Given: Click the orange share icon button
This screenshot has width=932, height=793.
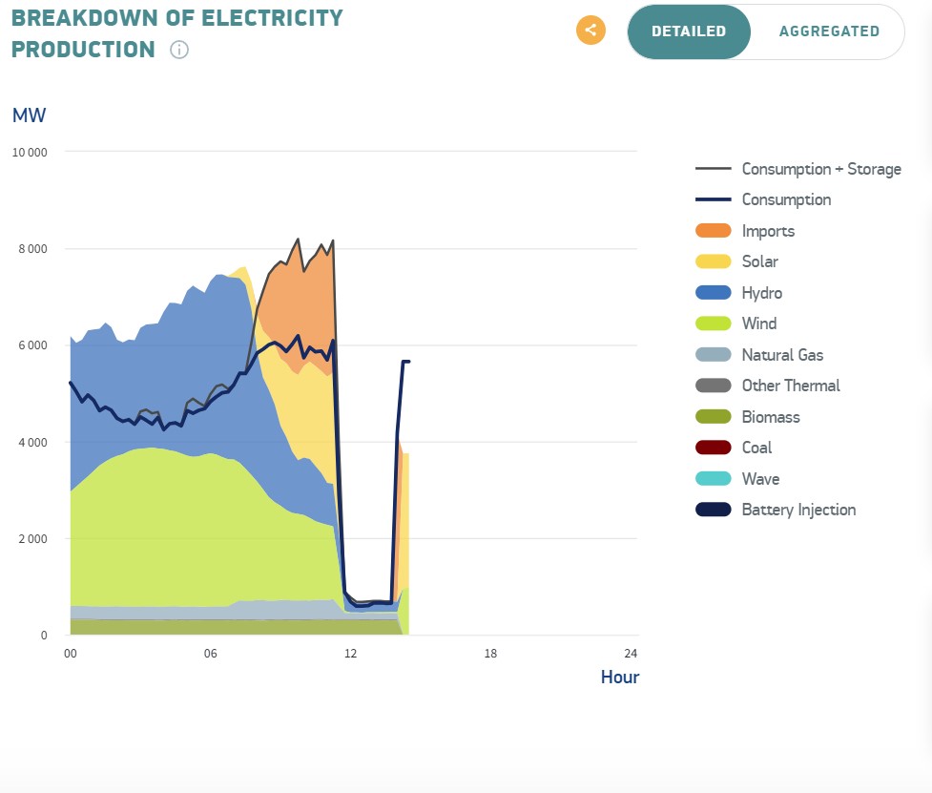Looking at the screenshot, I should coord(590,30).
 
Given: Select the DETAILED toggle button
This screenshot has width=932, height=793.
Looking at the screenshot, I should coord(689,31).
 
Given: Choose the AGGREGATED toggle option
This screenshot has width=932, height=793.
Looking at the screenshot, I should coord(829,31).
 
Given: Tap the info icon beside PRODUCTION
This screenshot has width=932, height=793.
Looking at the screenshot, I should coord(179,50).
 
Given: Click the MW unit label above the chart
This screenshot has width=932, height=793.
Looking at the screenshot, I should coord(29,115).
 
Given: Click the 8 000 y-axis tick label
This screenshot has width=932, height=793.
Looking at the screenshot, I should coord(31,249).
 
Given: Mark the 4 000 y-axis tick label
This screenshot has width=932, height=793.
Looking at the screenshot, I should coord(31,443).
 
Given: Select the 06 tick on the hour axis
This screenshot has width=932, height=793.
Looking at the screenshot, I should coord(211,654).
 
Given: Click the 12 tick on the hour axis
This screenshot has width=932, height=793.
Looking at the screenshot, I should coord(350,654).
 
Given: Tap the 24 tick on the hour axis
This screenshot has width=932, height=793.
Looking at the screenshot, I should coord(630,654).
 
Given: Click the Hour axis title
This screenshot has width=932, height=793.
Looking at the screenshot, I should coord(619,678).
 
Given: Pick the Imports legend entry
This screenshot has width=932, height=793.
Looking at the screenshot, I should coord(768,231).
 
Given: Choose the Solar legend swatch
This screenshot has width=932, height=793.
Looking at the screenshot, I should coord(714,261).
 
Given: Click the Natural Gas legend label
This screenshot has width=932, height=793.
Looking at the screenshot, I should coord(783,355).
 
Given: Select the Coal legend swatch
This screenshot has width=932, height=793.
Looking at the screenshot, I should coord(714,448).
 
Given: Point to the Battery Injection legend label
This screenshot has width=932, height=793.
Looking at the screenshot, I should coord(798,510).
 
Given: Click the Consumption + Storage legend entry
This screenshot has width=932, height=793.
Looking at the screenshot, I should coord(821,169).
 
